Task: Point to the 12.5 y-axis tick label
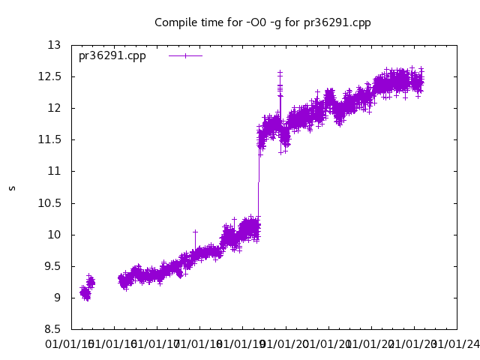49,76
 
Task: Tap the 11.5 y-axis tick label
49,139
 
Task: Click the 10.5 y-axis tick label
49,202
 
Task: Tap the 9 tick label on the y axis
57,298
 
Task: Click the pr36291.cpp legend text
112,55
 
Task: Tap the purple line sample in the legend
185,55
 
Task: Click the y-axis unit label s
12,187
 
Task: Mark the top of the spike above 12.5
280,72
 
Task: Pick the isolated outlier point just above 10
195,232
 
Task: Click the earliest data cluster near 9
85,293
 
